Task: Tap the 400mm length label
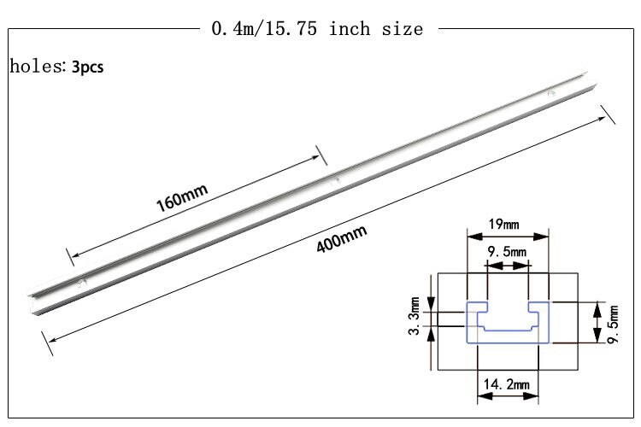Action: [341, 237]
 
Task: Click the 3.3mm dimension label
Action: [415, 316]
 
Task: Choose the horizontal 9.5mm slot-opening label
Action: [506, 252]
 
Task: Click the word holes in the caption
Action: [32, 66]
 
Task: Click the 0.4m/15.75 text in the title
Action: [266, 29]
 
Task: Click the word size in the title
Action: [402, 29]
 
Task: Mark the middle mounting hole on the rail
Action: [336, 180]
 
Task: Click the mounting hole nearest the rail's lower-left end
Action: [81, 281]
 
